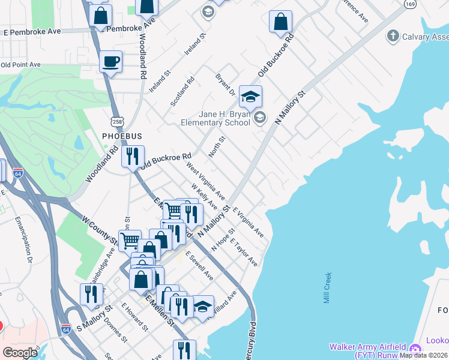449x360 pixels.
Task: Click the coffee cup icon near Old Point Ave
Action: [x=110, y=61]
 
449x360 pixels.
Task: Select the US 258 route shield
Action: [x=117, y=122]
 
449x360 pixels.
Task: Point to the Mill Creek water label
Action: [x=328, y=288]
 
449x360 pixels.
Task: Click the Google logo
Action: [x=20, y=353]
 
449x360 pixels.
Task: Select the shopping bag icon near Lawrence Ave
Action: [x=280, y=22]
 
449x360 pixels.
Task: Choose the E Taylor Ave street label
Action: [x=246, y=255]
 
